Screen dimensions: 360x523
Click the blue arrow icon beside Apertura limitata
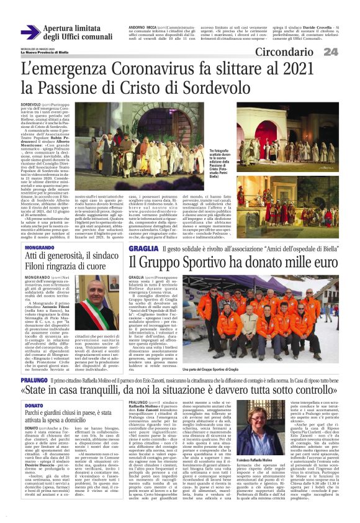tap(30, 31)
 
